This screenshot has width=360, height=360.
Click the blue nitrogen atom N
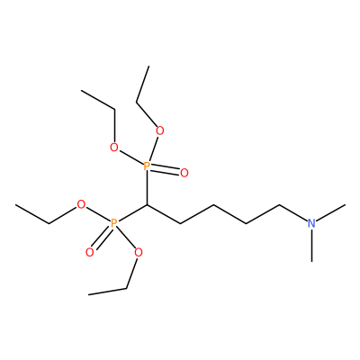click(x=312, y=223)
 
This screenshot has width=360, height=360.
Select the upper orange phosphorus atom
click(x=147, y=166)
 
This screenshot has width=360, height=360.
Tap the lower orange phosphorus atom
click(x=113, y=223)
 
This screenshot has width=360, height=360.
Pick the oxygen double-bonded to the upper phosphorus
click(x=184, y=173)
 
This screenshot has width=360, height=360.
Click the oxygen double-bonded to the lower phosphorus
click(x=89, y=253)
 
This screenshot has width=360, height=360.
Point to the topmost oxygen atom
click(x=160, y=130)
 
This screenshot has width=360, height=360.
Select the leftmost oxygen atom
click(x=81, y=205)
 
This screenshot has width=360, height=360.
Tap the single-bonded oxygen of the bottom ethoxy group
click(x=139, y=253)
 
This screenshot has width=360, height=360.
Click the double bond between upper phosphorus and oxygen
click(x=166, y=169)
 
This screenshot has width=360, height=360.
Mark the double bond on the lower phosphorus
click(x=102, y=238)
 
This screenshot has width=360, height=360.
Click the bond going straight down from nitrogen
click(x=312, y=245)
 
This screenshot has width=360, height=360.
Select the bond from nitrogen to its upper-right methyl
click(x=331, y=212)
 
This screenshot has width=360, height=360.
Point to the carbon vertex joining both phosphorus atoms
click(x=147, y=205)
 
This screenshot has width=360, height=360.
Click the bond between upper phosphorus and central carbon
click(x=147, y=188)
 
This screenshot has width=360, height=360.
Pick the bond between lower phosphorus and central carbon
click(x=132, y=213)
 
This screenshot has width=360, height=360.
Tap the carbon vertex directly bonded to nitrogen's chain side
click(x=279, y=205)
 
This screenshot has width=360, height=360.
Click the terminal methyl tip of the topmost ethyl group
click(x=148, y=66)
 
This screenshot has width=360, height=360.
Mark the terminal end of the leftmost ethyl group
click(x=15, y=205)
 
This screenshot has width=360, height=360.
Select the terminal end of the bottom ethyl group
click(x=89, y=294)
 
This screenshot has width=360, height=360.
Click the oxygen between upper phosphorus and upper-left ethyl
click(x=114, y=148)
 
